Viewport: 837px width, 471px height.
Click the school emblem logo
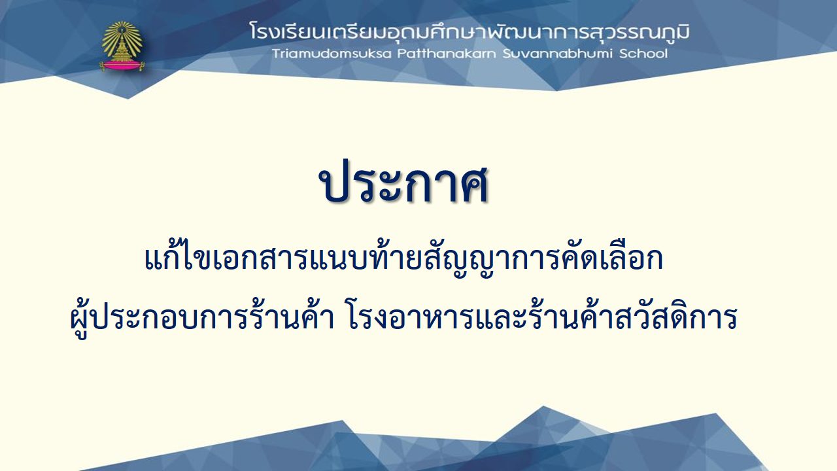122,46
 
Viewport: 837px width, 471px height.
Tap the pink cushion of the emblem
122,66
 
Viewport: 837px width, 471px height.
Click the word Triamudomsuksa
332,54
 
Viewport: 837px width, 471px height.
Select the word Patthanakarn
447,54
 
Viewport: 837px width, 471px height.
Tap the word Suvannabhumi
558,54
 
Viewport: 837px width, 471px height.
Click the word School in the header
643,54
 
